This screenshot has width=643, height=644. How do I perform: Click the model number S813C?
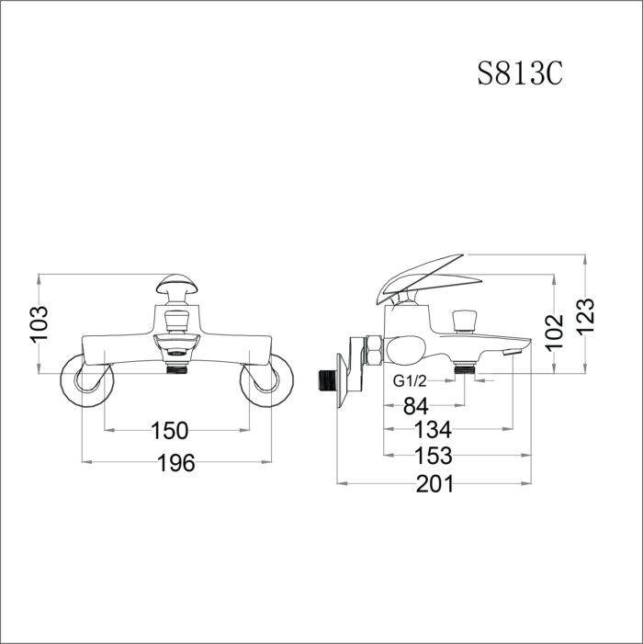[x=519, y=74]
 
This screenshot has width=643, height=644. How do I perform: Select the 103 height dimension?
[x=39, y=323]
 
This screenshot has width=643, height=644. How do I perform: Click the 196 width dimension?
[x=175, y=463]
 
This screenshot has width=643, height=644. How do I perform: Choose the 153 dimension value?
[x=434, y=455]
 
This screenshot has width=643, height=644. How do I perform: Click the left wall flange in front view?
[x=85, y=385]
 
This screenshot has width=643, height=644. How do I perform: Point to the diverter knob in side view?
[x=468, y=321]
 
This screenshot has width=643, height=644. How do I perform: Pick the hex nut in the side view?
[x=374, y=353]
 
